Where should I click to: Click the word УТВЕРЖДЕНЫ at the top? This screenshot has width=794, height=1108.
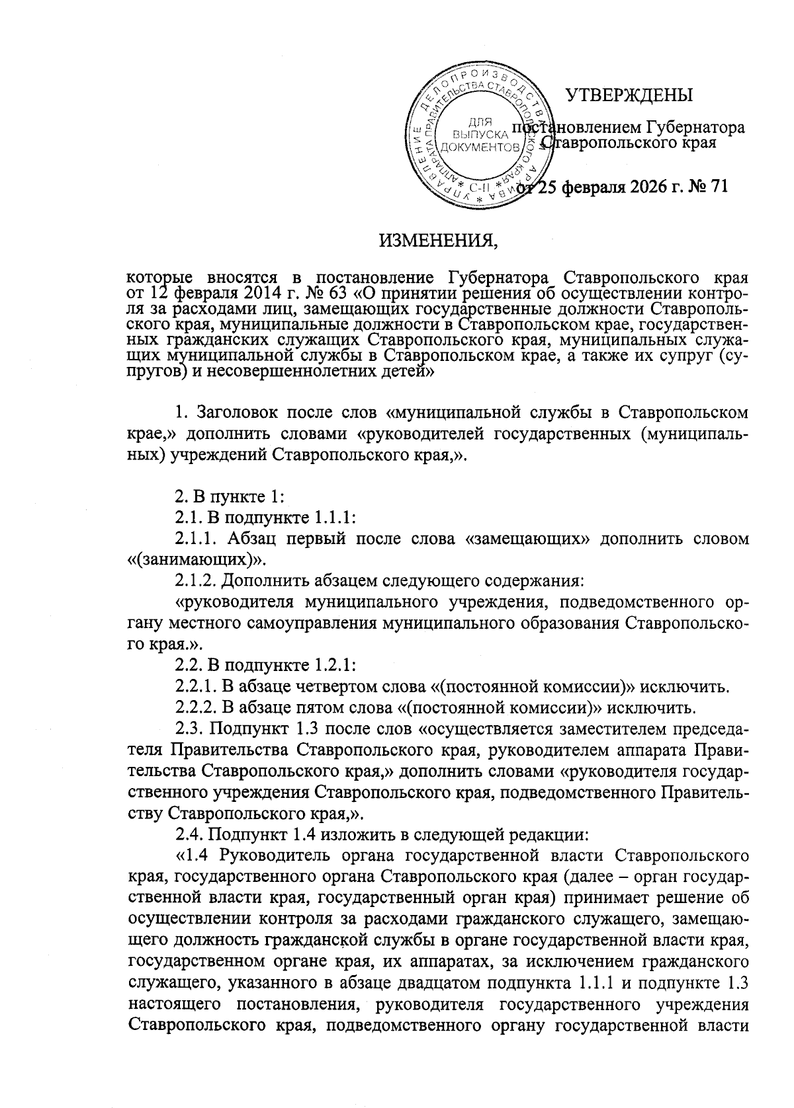coord(629,95)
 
